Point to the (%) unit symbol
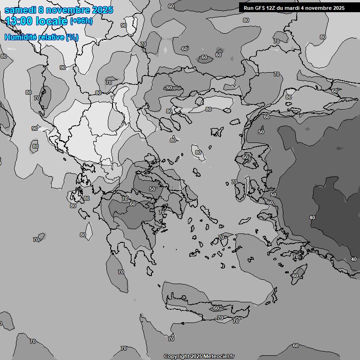72,37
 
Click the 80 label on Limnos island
198,152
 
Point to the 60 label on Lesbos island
245,157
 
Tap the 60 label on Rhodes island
295,276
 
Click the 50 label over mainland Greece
152,189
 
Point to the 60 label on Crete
216,308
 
